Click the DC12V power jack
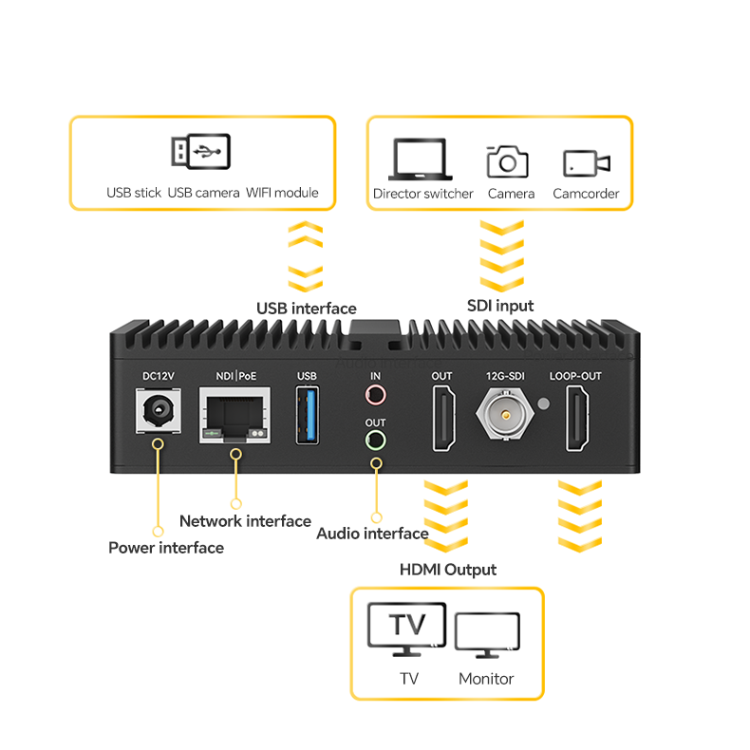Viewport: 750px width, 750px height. (158, 413)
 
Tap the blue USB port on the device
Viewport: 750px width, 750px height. (308, 416)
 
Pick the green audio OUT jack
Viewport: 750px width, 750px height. (376, 441)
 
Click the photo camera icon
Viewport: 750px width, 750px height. (508, 160)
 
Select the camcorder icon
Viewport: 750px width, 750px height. (586, 162)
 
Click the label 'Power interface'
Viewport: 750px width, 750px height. (166, 548)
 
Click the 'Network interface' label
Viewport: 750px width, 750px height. (245, 521)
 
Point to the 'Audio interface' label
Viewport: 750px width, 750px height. (372, 534)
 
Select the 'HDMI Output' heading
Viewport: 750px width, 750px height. (447, 570)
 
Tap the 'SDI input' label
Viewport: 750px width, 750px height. (500, 306)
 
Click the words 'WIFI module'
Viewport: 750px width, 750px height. (282, 193)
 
